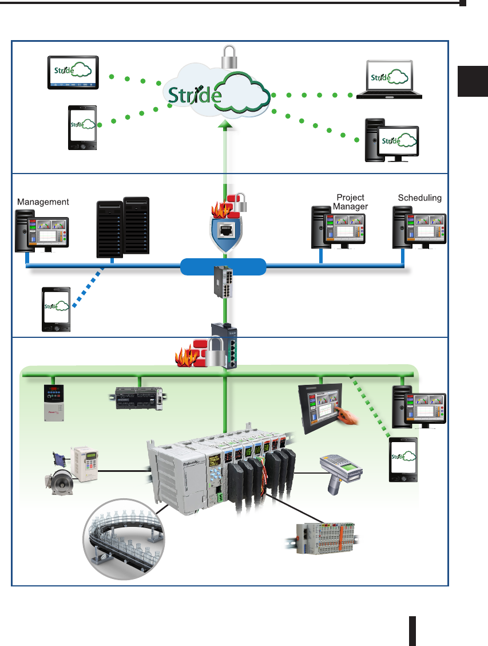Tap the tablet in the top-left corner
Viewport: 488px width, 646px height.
(73, 73)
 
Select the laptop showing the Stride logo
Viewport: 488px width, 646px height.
(388, 80)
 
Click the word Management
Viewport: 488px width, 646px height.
(43, 202)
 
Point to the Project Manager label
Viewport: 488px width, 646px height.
(350, 202)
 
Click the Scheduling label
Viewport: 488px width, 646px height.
(420, 198)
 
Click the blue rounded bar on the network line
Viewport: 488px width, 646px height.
(224, 267)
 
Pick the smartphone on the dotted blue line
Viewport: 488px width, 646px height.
(56, 310)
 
